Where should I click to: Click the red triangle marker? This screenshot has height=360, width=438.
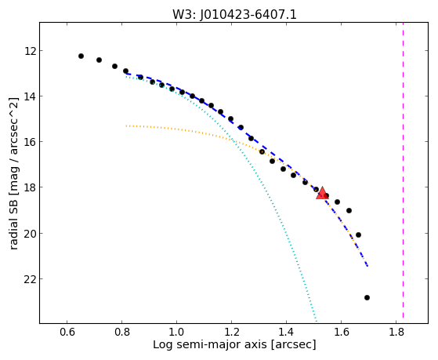tap(322, 193)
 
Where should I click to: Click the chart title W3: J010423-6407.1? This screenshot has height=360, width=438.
tap(234, 15)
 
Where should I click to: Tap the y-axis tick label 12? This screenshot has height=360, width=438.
tap(30, 51)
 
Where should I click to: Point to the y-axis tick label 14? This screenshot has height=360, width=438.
tap(30, 96)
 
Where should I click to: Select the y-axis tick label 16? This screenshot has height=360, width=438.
tap(30, 142)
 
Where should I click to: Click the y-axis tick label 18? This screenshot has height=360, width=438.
tap(30, 187)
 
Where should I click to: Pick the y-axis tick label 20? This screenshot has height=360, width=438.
tap(30, 233)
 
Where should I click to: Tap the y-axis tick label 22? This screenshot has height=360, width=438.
tap(30, 279)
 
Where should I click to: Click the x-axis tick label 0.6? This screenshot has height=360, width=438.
tap(67, 332)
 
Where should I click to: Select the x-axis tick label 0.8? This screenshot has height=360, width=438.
tap(121, 332)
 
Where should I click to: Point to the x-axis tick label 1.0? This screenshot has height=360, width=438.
tap(176, 332)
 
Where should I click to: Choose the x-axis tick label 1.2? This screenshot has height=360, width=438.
tap(232, 332)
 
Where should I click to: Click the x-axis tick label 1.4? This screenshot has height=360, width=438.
tap(286, 332)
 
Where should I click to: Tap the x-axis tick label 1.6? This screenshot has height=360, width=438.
tap(341, 332)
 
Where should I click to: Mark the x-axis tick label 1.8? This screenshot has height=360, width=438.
tap(396, 332)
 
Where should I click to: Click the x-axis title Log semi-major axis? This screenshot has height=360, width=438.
tap(210, 345)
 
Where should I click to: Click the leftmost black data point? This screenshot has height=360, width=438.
tap(81, 56)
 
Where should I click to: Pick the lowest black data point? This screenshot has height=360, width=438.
tap(367, 297)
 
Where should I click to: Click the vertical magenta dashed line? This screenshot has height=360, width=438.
tap(403, 170)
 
